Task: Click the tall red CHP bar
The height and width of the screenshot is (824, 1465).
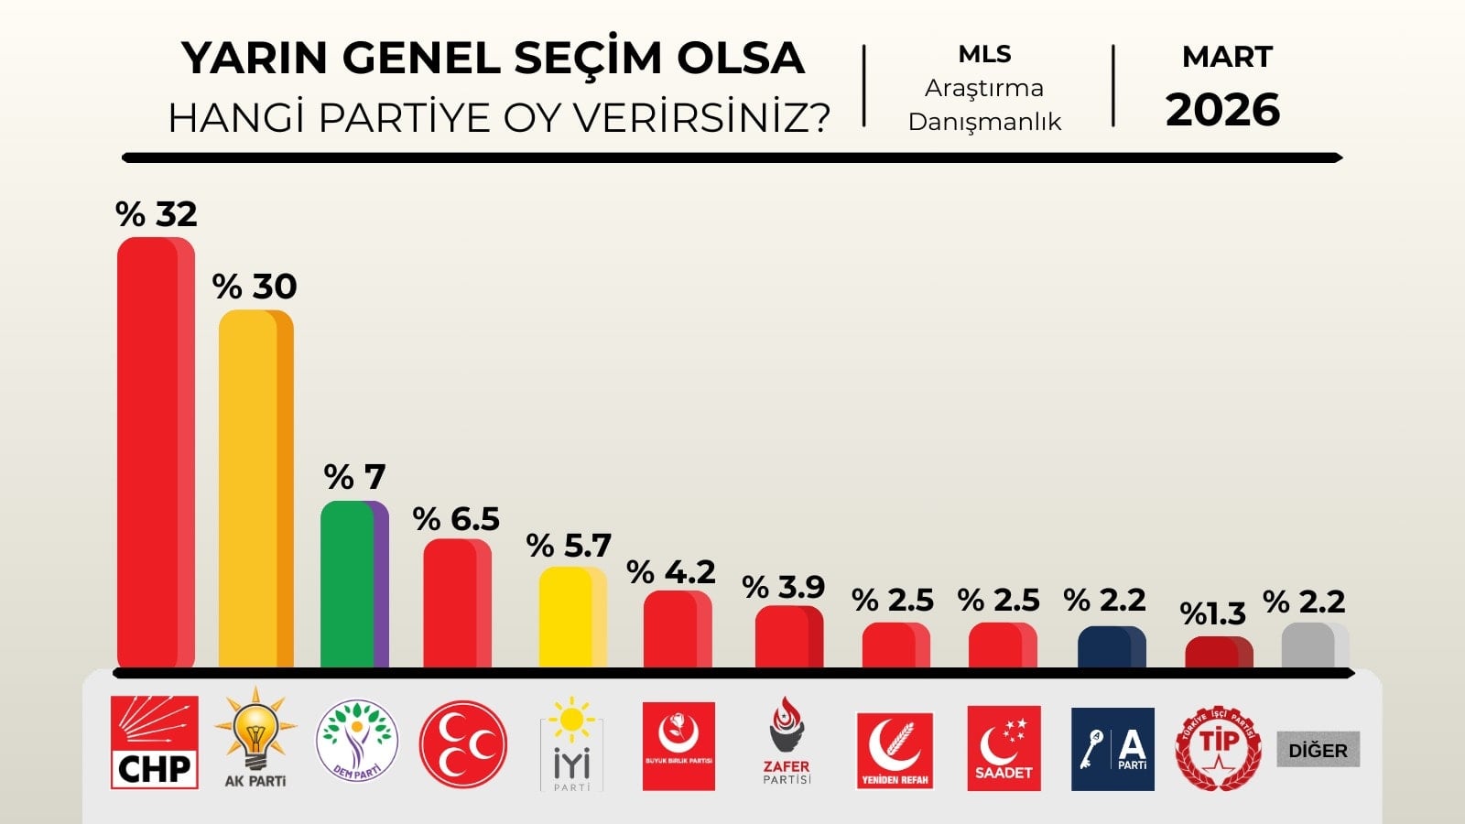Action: tap(156, 453)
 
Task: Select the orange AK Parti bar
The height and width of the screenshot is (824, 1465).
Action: tap(255, 490)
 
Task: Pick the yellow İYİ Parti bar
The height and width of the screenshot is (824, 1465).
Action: tap(572, 617)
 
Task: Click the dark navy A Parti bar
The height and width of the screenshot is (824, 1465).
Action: tap(1111, 647)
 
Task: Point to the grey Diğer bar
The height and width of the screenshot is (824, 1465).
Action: tap(1315, 646)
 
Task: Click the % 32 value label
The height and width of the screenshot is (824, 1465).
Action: tap(157, 214)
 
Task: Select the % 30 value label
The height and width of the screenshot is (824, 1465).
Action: tap(255, 287)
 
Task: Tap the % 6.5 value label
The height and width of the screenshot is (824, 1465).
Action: tap(456, 519)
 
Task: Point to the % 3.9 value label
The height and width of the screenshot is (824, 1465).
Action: tap(783, 587)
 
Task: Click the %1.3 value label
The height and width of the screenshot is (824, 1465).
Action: tap(1213, 613)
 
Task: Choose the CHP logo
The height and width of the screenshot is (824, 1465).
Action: tap(154, 743)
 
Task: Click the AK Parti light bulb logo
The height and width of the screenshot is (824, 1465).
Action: tap(255, 737)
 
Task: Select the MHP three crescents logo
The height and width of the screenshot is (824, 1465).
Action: tap(462, 744)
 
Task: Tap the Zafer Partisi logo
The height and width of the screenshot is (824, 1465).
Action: tap(787, 741)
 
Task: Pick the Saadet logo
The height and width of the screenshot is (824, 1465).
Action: tap(1004, 747)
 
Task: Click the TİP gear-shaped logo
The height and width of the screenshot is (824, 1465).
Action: tap(1218, 747)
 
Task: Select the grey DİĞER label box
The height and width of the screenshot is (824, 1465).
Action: tap(1318, 750)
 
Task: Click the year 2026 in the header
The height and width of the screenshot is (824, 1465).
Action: tap(1222, 110)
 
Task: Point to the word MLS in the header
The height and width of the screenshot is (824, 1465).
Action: tap(984, 54)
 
